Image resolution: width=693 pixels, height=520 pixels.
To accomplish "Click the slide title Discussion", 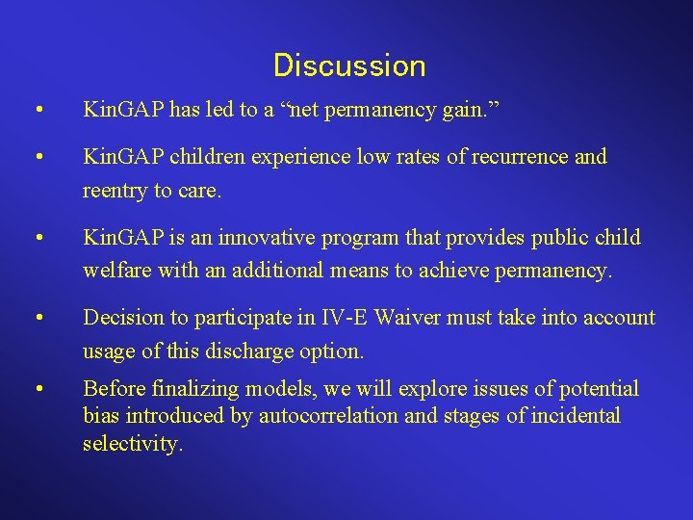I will click(x=348, y=65).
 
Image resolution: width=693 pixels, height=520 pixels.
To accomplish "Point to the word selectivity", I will click(x=133, y=444).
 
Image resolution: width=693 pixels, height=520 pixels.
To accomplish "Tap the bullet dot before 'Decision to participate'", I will click(x=37, y=318).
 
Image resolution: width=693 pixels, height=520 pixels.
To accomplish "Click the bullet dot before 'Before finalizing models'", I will click(x=37, y=390).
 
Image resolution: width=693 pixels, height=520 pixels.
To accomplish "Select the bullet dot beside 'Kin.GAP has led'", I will click(x=37, y=110).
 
